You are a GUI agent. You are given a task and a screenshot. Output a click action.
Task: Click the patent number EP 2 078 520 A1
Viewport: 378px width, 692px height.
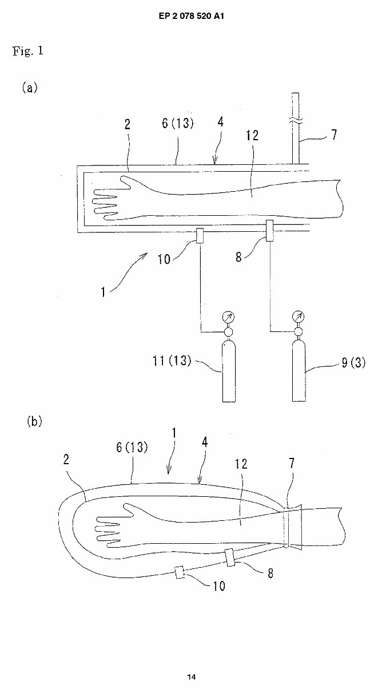click(x=189, y=16)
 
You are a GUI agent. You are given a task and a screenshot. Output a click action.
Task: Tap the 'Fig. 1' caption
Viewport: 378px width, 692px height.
click(x=27, y=51)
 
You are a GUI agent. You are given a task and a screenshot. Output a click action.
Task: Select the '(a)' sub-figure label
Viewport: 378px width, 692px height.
click(x=30, y=88)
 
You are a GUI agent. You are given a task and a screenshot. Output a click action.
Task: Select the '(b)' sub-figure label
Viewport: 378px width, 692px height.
click(x=35, y=421)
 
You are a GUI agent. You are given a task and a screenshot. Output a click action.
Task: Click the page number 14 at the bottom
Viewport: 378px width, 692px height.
click(x=191, y=677)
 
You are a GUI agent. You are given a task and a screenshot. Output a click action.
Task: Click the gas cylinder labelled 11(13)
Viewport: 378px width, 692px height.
click(x=229, y=369)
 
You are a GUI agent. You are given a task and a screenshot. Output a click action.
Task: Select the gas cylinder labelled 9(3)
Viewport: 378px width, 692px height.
click(x=298, y=369)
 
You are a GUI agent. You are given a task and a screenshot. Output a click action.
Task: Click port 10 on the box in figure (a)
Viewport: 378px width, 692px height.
click(x=200, y=235)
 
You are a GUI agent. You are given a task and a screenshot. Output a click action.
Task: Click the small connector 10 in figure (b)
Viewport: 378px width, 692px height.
click(x=180, y=573)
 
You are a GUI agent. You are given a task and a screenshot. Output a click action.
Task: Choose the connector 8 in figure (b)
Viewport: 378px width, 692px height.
click(x=230, y=557)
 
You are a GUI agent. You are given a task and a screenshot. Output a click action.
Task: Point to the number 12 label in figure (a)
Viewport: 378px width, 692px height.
click(x=252, y=135)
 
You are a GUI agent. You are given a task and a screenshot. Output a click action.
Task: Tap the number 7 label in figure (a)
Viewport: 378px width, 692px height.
click(x=333, y=135)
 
